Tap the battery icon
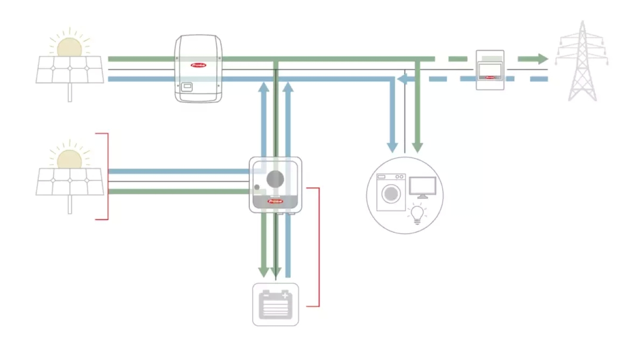pyautogui.click(x=275, y=304)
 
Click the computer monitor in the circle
pyautogui.click(x=422, y=187)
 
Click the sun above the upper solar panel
pyautogui.click(x=69, y=46)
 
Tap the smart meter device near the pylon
pyautogui.click(x=490, y=70)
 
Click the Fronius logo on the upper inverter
pyautogui.click(x=198, y=65)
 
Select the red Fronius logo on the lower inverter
pyautogui.click(x=275, y=201)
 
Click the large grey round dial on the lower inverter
pyautogui.click(x=275, y=179)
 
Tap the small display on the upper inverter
pyautogui.click(x=187, y=86)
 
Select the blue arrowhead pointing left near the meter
pyautogui.click(x=402, y=79)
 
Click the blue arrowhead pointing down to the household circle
pyautogui.click(x=392, y=147)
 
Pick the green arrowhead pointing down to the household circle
pyautogui.click(x=417, y=147)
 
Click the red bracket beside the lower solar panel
pyautogui.click(x=107, y=176)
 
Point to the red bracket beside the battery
pyautogui.click(x=319, y=247)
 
